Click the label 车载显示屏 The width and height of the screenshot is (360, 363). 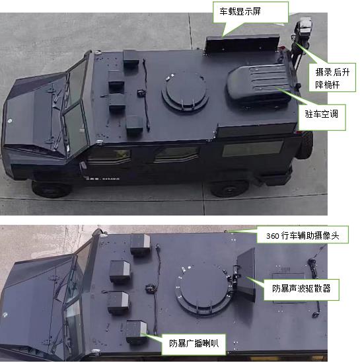pos(240,11)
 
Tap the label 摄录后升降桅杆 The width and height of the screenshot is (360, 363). pos(332,78)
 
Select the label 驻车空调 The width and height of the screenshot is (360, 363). pos(322,114)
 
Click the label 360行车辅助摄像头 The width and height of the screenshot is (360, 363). pos(303,235)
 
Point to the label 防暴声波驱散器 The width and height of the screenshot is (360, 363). pos(301,288)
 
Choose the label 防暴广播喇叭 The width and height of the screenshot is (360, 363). pos(194,343)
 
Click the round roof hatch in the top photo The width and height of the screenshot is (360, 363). pos(186,92)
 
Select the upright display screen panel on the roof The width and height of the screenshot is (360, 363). pos(242,44)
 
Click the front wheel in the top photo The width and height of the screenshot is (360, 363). pos(52,189)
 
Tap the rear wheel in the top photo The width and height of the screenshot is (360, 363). pos(229,188)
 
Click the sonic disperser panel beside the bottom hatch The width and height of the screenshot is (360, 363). pos(246,275)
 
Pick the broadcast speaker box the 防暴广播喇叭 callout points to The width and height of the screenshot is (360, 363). pos(137,332)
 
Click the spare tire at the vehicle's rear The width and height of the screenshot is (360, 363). pos(306,145)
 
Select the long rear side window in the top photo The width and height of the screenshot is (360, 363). pos(253,148)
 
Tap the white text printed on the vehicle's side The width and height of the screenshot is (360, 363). pos(102,179)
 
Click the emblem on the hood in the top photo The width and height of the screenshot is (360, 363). pos(9,121)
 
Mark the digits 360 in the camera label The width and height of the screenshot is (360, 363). pos(272,236)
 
